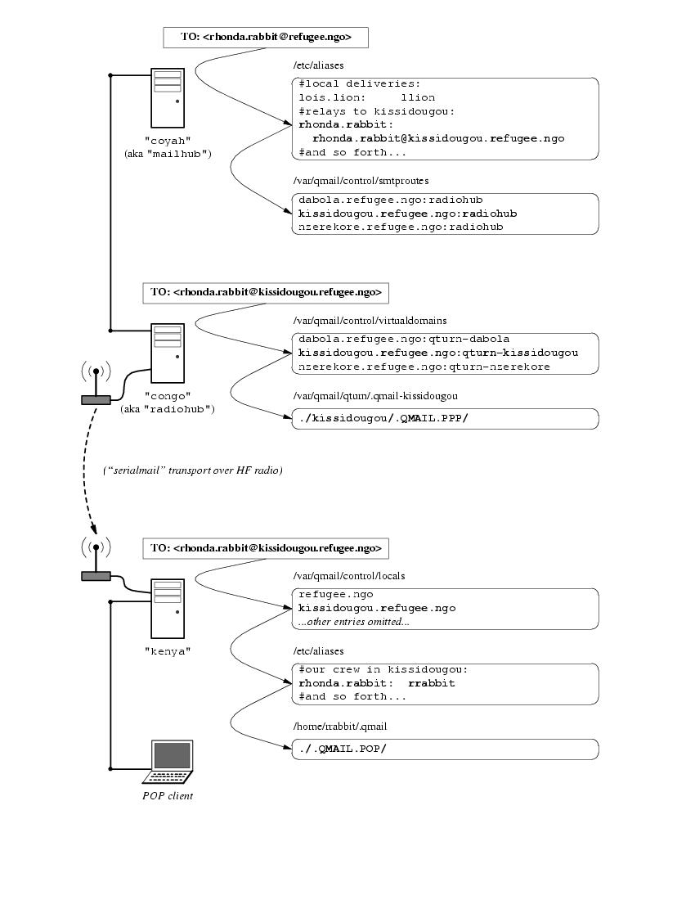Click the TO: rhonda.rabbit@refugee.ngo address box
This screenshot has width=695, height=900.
266,37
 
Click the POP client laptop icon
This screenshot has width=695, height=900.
169,762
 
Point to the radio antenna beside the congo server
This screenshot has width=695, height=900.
96,385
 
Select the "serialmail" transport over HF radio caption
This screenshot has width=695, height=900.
193,470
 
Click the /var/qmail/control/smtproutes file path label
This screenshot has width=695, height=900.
361,180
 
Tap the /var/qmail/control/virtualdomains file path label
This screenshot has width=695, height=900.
370,321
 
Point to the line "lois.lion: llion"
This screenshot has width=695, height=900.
366,97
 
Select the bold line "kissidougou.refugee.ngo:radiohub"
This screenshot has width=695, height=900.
407,214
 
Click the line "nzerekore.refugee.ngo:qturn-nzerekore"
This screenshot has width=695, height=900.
424,367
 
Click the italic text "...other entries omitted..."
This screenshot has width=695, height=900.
353,622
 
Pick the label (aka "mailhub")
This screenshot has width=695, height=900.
168,153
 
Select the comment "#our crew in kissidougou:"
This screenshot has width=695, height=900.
383,669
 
